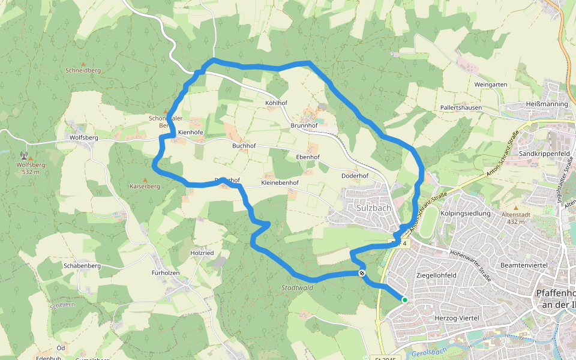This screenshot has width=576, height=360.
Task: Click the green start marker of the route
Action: point(405,300)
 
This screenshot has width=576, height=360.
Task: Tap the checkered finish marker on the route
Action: point(362,273)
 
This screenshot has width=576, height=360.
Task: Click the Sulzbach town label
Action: point(373,208)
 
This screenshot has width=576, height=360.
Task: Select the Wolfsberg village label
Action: point(83,137)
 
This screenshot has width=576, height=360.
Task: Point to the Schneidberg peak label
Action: point(83,70)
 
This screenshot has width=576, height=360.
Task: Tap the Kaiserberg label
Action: point(145,186)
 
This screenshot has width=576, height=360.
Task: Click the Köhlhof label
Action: point(277,103)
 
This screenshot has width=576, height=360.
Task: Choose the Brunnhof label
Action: point(303,125)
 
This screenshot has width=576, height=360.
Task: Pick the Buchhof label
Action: point(244,146)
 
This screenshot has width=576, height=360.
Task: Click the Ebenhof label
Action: point(308,157)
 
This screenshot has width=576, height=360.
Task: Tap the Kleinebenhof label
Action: point(280,182)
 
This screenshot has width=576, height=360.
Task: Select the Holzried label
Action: point(202,253)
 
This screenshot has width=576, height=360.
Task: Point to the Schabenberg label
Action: point(81,265)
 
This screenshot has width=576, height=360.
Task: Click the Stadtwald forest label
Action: point(297,288)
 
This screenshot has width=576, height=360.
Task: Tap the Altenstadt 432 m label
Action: point(516,218)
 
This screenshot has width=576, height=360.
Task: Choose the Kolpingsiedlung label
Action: point(465,213)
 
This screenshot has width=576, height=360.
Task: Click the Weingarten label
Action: point(491,85)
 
